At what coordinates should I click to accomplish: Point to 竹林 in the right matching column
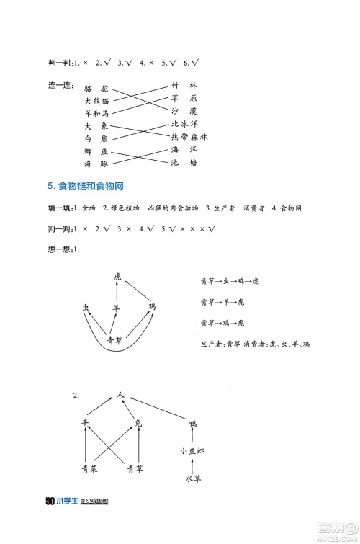tap(184, 85)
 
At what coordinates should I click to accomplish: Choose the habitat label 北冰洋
tap(185, 124)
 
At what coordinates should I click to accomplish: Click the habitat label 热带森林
tap(189, 137)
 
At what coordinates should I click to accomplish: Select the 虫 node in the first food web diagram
tap(86, 308)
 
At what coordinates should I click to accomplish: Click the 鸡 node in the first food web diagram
tap(152, 307)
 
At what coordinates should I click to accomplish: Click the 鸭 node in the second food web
tap(192, 423)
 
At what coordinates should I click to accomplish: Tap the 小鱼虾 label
tap(192, 451)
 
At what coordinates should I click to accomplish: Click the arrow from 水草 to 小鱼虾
tap(192, 465)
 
